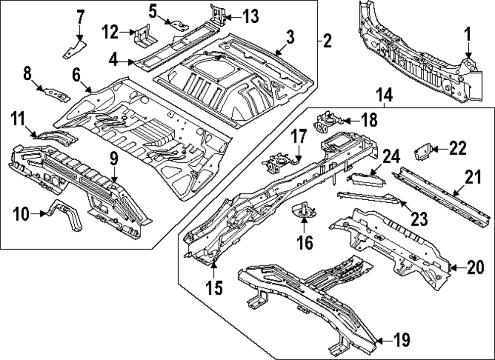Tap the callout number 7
point(80,18)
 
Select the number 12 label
point(110,33)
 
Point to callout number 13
point(251,17)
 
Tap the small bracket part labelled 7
point(74,48)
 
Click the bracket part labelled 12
point(144,36)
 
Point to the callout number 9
point(113,159)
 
